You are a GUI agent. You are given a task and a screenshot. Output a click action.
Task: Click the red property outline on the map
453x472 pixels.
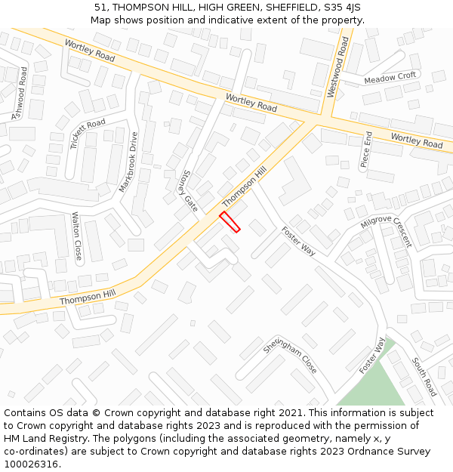point(230,222)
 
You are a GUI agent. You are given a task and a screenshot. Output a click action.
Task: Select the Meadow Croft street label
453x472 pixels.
point(390,78)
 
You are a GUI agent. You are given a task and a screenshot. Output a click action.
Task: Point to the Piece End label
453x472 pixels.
point(366,150)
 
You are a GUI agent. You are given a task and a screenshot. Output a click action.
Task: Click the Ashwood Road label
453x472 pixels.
point(20,94)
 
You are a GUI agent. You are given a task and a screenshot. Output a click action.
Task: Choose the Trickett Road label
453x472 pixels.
point(88,134)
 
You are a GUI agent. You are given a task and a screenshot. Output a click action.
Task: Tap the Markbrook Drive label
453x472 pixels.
point(128,162)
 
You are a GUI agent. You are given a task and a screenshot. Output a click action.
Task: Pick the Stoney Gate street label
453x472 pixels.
point(188,190)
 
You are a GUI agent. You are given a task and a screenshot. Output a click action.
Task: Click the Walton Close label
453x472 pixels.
point(77,236)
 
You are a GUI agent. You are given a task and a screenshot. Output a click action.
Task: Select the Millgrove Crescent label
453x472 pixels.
point(386,230)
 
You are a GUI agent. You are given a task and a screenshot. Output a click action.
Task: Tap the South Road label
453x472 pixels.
point(424,378)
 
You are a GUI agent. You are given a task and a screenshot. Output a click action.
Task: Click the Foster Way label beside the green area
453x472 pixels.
point(372,356)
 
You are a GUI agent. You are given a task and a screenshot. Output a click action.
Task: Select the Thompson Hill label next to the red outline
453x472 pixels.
point(245,188)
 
